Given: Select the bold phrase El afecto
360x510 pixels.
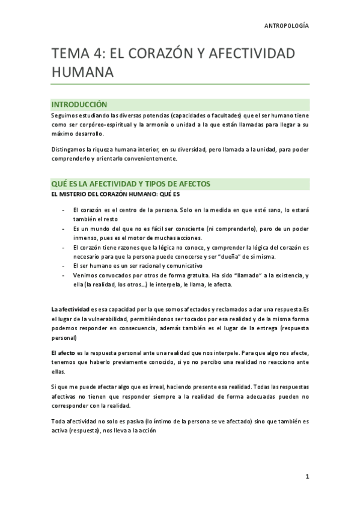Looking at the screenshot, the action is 64,351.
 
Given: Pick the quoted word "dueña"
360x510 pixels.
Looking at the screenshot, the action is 242,256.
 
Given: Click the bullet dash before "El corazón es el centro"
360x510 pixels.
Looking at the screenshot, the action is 64,209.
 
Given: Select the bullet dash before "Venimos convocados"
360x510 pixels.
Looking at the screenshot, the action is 64,275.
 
